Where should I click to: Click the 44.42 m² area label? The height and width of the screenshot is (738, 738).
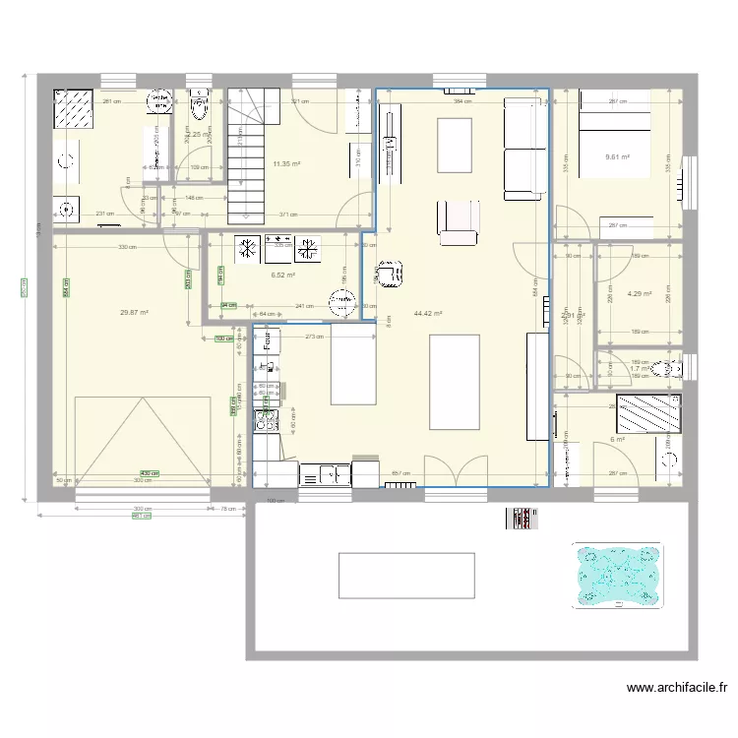(x=428, y=314)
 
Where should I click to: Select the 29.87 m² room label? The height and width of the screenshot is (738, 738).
(x=134, y=313)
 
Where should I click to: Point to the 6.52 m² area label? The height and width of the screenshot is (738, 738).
(x=283, y=276)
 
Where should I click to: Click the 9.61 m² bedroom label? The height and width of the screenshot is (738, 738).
(x=617, y=156)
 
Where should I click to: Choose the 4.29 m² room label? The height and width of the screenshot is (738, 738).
(x=640, y=294)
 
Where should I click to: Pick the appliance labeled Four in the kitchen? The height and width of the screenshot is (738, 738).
(x=267, y=340)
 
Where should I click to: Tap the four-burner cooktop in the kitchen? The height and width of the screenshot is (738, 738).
(x=267, y=420)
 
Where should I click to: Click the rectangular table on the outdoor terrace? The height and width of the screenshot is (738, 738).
(x=406, y=575)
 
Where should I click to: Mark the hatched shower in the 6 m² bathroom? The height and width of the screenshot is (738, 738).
(x=648, y=413)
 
